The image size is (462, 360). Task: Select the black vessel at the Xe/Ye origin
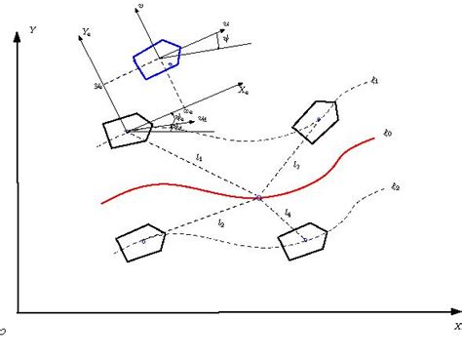click(127, 130)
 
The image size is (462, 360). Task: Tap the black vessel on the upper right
click(318, 120)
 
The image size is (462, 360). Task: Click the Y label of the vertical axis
click(34, 29)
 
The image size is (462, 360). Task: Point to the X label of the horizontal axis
click(455, 324)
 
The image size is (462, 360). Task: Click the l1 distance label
click(200, 156)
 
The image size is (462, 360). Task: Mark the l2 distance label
click(222, 223)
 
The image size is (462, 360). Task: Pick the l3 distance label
click(296, 167)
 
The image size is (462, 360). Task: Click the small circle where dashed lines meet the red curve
click(258, 198)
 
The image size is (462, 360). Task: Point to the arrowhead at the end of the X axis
click(451, 312)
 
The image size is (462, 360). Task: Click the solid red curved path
click(195, 189)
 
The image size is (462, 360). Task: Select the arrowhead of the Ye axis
click(74, 44)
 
